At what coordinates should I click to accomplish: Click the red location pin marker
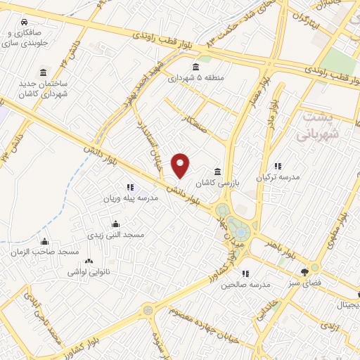[x=181, y=165]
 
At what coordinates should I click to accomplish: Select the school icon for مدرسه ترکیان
[x=278, y=167]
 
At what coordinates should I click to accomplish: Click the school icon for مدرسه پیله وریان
[x=130, y=188]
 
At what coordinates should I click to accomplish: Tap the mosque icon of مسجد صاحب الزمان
[x=44, y=241]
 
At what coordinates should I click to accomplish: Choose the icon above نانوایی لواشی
[x=89, y=261]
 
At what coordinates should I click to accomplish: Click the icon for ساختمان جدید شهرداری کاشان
[x=43, y=73]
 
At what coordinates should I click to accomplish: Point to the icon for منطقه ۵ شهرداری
[x=194, y=67]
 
